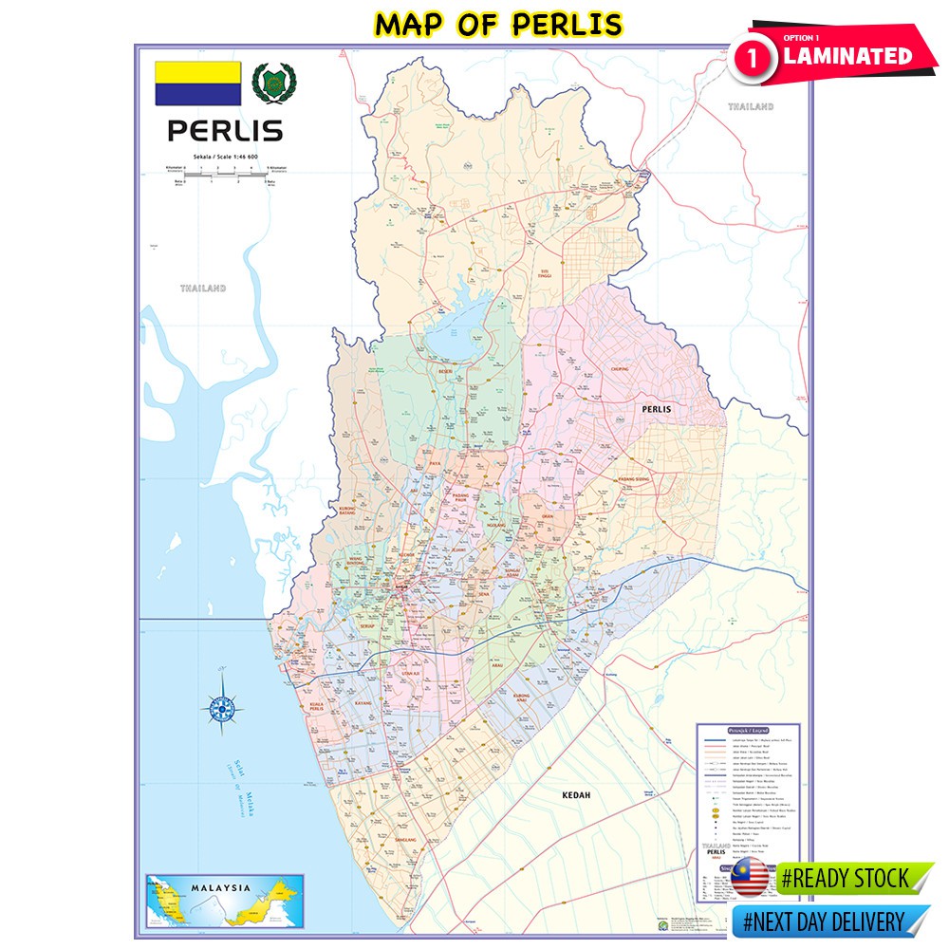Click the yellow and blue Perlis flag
click(x=198, y=84)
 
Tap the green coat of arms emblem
click(x=272, y=84)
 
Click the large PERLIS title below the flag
click(x=225, y=129)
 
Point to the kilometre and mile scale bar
click(x=225, y=175)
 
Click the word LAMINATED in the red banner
click(x=847, y=56)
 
